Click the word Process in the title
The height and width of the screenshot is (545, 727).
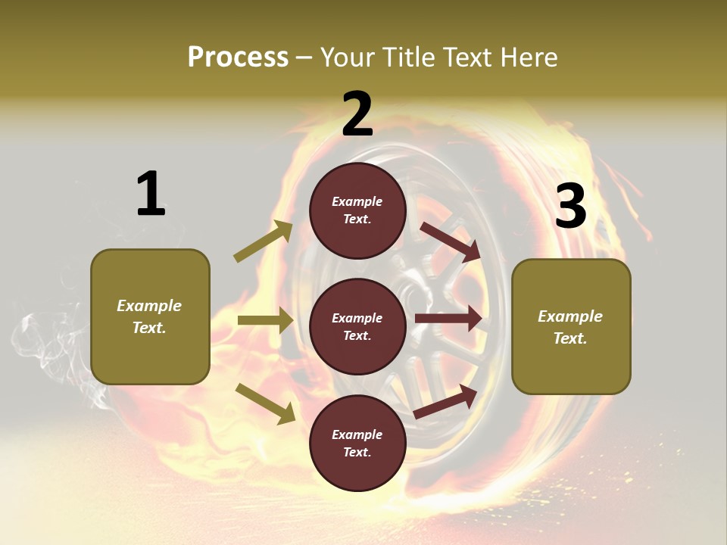coord(238,57)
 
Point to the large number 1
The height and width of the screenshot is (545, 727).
coord(150,195)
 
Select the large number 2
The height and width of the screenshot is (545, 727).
coord(357,114)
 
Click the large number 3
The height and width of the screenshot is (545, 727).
coord(570,206)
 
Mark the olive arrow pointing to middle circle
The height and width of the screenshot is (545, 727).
coord(265,321)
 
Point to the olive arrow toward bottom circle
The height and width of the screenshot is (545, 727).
coord(266,403)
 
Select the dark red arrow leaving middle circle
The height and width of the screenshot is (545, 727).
coord(448,318)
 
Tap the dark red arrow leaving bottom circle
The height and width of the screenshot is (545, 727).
coord(446,401)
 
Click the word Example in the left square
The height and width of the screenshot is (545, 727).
coord(149,306)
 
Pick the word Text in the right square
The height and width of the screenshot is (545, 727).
coord(569,338)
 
